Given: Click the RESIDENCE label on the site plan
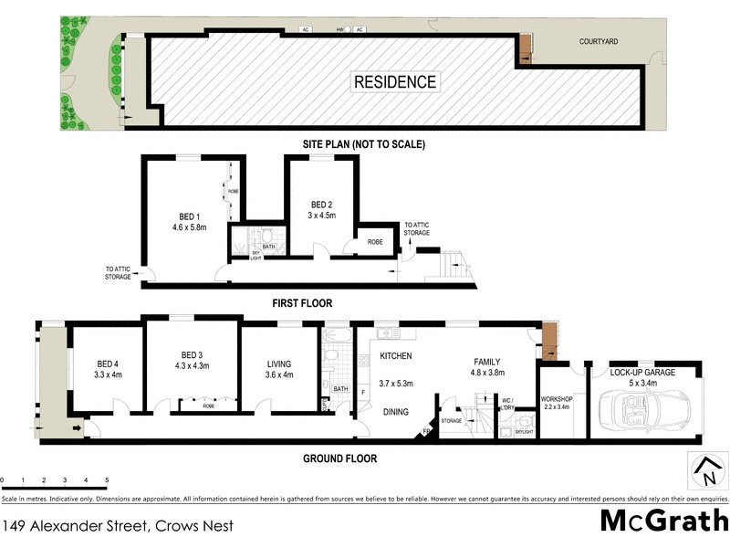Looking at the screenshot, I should [394, 81].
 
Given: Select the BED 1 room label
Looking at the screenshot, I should [185, 216].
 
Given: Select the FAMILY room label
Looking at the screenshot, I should [486, 361].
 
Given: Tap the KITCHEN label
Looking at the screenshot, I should [396, 356].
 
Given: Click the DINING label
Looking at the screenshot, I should [395, 413].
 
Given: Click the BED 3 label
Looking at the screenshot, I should [191, 354].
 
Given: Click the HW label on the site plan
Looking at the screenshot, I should [340, 30].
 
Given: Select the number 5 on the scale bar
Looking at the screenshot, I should [107, 479].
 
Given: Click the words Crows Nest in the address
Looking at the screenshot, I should [194, 525].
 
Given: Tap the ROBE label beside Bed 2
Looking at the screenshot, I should [374, 243].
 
